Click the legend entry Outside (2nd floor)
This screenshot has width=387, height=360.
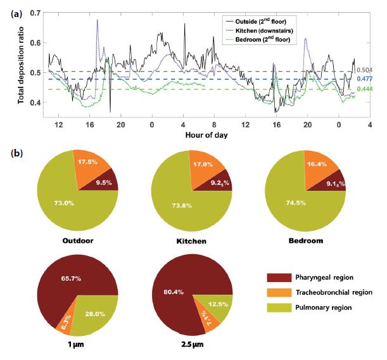[256, 22]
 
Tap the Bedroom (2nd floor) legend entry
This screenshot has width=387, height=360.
[258, 39]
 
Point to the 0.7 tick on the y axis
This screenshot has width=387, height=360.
[35, 13]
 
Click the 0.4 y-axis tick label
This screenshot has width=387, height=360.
[35, 102]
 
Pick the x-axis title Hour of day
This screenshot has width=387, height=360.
[206, 135]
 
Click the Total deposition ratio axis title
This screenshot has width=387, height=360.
[21, 65]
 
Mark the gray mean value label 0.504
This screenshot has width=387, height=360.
[365, 70]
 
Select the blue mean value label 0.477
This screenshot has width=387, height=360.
[365, 79]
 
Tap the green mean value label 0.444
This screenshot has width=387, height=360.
[365, 89]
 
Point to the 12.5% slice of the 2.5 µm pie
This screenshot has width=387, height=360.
[218, 305]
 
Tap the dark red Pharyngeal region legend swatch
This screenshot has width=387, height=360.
[279, 278]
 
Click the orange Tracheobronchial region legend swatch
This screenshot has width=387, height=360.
[279, 293]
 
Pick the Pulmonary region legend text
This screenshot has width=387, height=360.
[324, 307]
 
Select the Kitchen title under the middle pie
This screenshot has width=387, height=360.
[191, 241]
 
